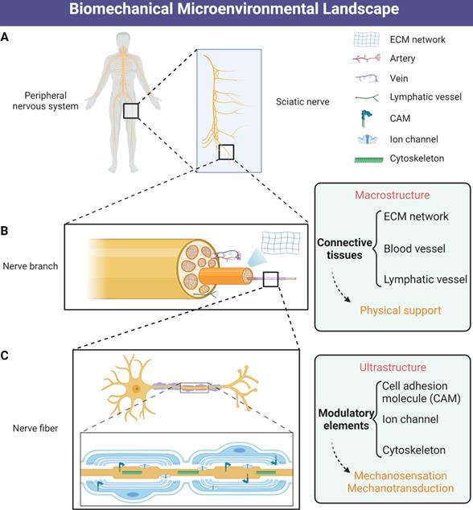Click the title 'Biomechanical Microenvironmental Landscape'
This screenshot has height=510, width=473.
coord(236,11)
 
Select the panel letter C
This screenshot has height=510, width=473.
coord(6,353)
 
